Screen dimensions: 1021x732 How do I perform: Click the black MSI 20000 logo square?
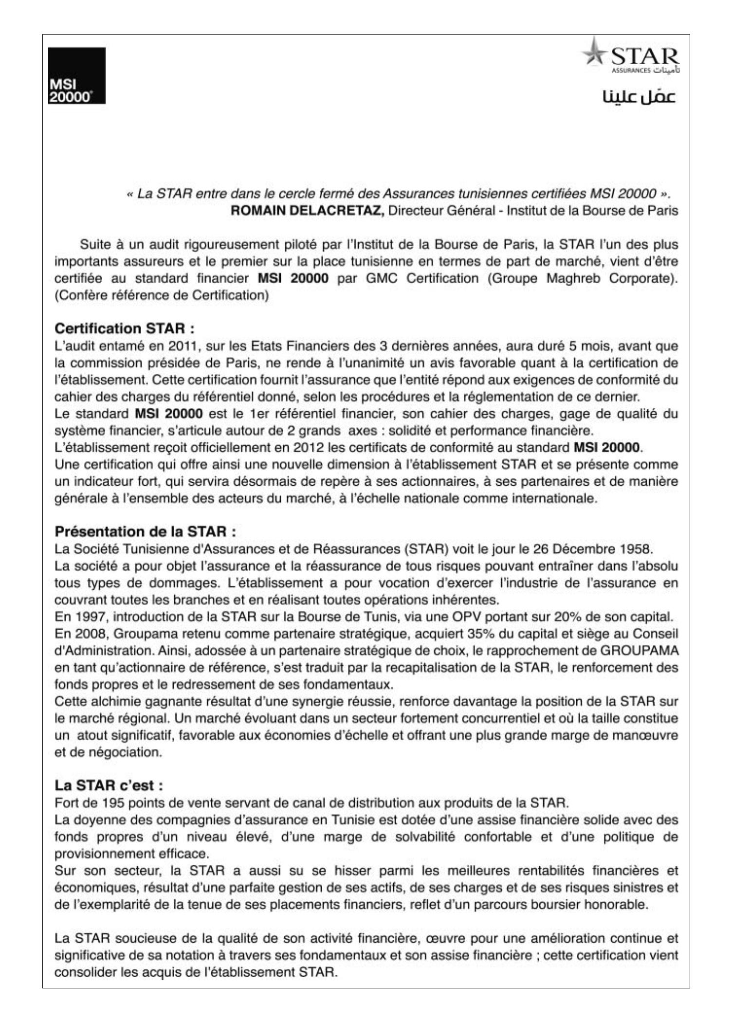tap(77, 75)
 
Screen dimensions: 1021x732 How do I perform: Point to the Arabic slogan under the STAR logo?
tap(639, 96)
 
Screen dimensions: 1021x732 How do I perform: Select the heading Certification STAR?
tap(125, 328)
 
